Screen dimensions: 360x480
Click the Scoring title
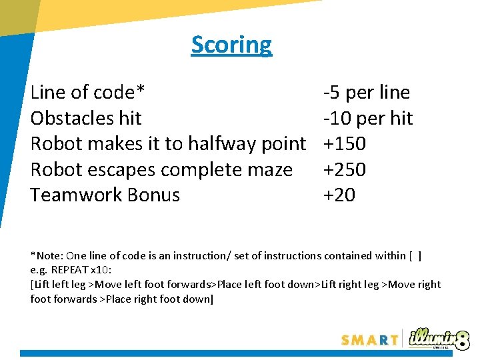[x=231, y=45]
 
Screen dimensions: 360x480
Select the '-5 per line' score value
[x=366, y=92]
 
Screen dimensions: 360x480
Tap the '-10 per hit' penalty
[x=367, y=118]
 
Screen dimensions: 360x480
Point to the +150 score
[x=344, y=143]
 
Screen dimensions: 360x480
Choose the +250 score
[x=344, y=169]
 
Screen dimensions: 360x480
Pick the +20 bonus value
[x=339, y=195]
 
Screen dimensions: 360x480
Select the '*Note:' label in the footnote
[x=48, y=255]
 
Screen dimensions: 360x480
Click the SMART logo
[x=369, y=339]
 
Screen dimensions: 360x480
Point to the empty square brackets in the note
[x=415, y=255]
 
